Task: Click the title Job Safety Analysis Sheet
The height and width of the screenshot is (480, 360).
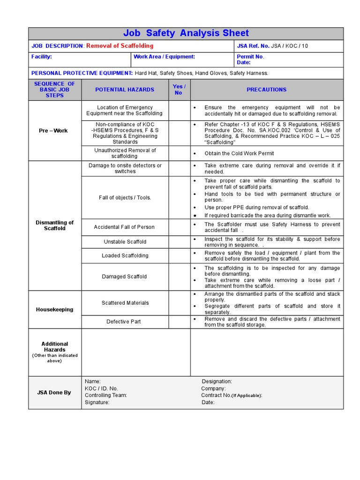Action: coord(186,33)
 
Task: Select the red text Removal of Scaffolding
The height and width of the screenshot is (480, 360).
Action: coord(120,46)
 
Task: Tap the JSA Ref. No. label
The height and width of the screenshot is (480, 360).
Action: coord(253,46)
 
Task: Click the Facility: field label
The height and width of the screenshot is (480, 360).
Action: coord(42,57)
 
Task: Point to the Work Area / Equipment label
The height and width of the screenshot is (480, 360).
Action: coord(164,57)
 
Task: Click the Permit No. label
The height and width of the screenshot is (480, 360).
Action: coord(251,57)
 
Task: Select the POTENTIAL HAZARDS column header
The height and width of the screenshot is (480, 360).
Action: coord(125,90)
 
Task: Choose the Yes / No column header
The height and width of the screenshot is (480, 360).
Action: coord(179,90)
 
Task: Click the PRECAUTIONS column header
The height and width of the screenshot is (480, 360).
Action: coord(266,90)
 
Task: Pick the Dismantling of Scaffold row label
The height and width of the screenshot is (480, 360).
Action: coord(55,225)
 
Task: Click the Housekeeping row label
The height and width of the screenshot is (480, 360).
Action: coord(55,309)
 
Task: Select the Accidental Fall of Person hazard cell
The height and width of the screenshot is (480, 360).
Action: coord(124,227)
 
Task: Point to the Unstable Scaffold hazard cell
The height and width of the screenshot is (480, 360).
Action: coord(125,242)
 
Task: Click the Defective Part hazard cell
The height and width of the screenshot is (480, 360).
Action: coord(124,322)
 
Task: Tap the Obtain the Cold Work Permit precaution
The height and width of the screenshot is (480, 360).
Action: coord(239,154)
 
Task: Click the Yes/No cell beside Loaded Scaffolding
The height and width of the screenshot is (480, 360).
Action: coord(179,256)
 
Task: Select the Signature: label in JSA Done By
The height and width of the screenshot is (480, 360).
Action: coord(97,402)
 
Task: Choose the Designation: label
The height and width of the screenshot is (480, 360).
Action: coord(217,382)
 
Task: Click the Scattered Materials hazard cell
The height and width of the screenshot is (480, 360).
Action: coord(125,303)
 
